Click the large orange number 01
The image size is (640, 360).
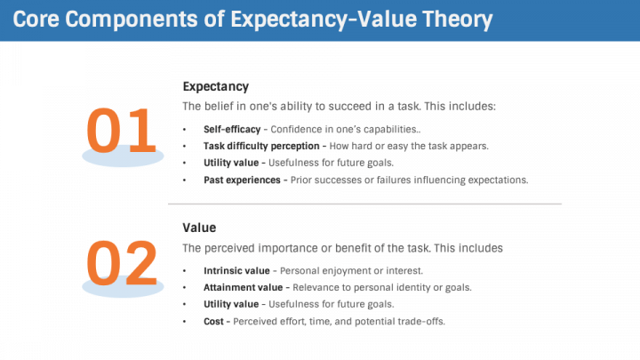121,132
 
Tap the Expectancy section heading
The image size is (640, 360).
215,86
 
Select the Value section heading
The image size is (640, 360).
199,228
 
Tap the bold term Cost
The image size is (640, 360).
214,321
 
